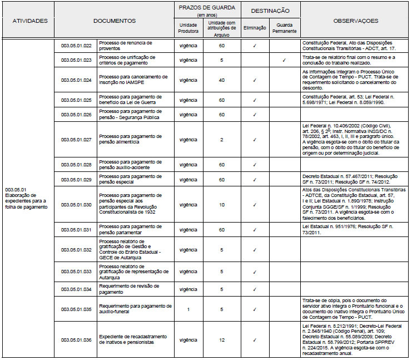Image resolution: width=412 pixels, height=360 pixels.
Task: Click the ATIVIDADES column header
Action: [x=27, y=21]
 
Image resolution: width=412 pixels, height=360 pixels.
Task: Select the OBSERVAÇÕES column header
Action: [x=355, y=21]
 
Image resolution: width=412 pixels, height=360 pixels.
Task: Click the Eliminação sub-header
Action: [x=255, y=26]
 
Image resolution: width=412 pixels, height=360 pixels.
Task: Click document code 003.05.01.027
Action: [x=76, y=140]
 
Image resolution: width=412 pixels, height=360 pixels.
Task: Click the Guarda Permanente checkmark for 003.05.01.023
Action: [x=284, y=60]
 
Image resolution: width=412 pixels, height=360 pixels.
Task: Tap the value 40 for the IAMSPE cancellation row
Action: [x=222, y=80]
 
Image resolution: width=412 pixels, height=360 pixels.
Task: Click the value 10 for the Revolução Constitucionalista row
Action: [x=222, y=205]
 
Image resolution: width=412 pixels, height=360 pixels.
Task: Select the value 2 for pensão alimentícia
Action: [x=222, y=140]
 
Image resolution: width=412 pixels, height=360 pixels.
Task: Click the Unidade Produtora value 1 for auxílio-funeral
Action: [x=188, y=309]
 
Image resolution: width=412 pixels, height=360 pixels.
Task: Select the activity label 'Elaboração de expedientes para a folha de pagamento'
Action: [x=27, y=201]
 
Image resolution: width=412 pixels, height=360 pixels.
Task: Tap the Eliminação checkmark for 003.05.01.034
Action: [x=255, y=289]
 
